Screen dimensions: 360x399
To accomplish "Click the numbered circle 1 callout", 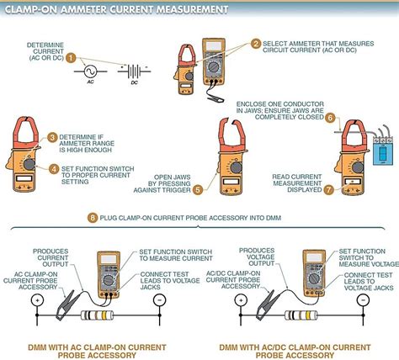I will [x=72, y=58].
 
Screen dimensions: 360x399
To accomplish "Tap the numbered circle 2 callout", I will [x=256, y=44].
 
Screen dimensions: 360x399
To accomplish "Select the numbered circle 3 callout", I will [x=52, y=137].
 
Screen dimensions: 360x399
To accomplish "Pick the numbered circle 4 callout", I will [x=52, y=168].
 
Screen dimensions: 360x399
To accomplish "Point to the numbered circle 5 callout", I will [x=198, y=166].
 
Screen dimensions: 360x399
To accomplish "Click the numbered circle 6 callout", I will [x=330, y=119].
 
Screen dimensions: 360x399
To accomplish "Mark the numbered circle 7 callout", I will [x=329, y=166].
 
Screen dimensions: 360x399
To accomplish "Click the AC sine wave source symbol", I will [x=91, y=72].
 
